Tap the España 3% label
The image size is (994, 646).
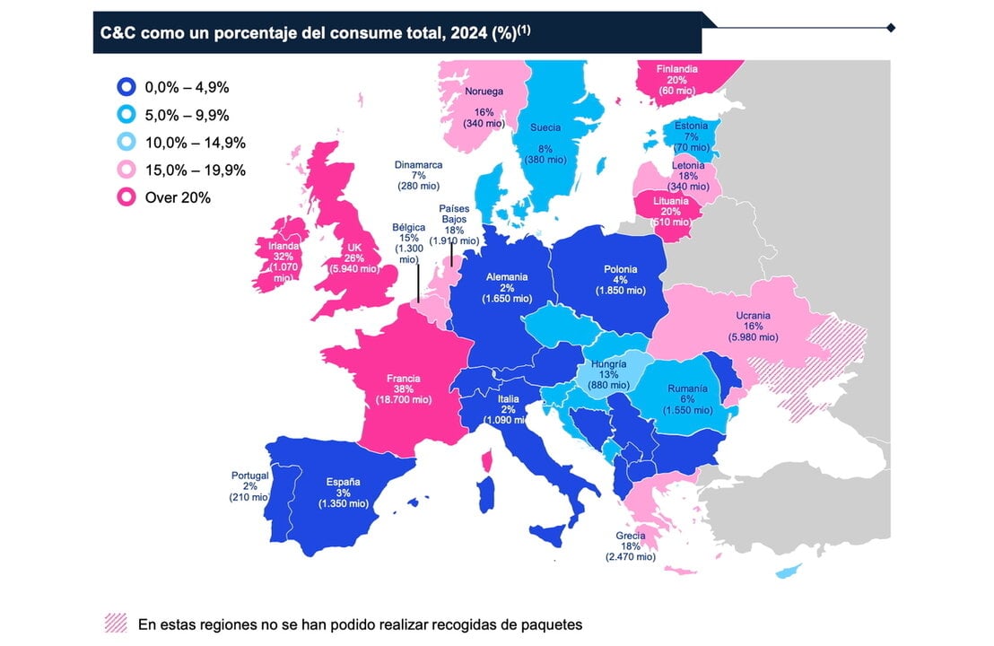click(x=343, y=493)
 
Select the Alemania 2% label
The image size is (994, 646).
click(x=507, y=287)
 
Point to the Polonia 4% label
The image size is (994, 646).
click(x=620, y=279)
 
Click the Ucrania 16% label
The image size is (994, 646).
click(x=753, y=327)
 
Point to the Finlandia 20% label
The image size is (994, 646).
click(x=677, y=79)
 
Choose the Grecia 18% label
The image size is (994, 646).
click(x=631, y=546)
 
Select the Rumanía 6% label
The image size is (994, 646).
click(x=688, y=399)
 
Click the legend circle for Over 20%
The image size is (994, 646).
click(x=127, y=197)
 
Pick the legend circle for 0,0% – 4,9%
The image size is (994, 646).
click(x=127, y=87)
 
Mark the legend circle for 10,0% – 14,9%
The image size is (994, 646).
click(x=127, y=143)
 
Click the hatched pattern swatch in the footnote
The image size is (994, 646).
click(x=116, y=623)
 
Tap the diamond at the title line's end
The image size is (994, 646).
click(x=891, y=28)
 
